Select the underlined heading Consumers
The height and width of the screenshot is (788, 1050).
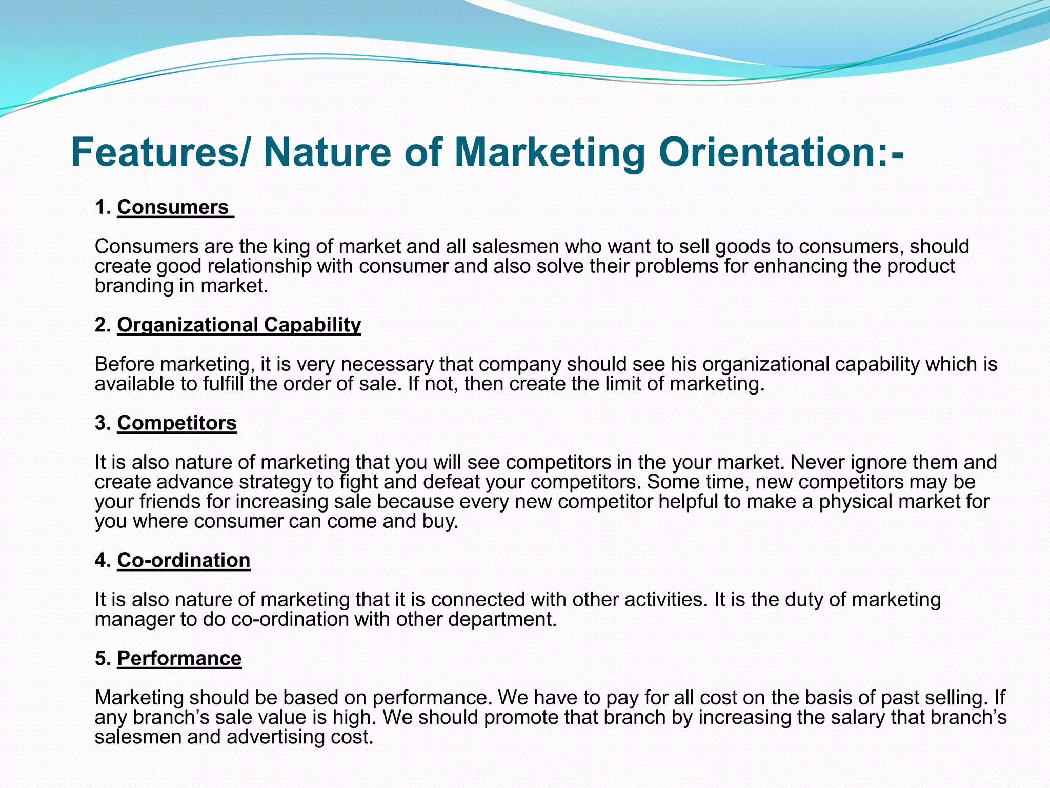pos(173,207)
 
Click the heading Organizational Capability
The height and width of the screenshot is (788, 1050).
pos(239,325)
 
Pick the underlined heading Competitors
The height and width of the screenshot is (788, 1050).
pos(177,423)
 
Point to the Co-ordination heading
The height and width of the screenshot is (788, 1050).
pos(184,560)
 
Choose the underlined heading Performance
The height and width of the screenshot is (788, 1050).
pos(179,658)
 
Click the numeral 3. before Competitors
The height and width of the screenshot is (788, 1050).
pos(103,423)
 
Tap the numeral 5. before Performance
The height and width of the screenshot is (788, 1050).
pos(103,658)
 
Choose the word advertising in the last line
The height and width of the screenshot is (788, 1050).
pos(272,737)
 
